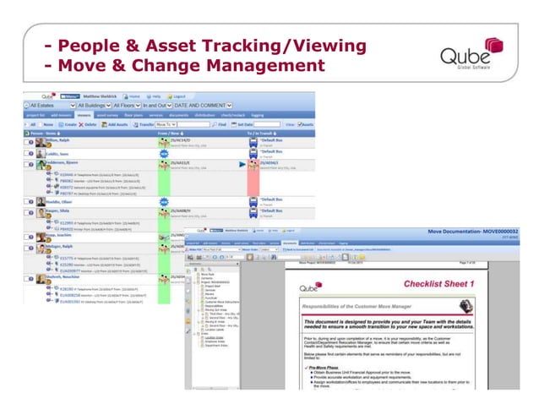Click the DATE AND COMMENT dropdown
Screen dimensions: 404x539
pos(212,106)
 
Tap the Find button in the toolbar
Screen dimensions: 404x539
pos(223,123)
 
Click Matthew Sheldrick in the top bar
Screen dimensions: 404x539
pos(100,96)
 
